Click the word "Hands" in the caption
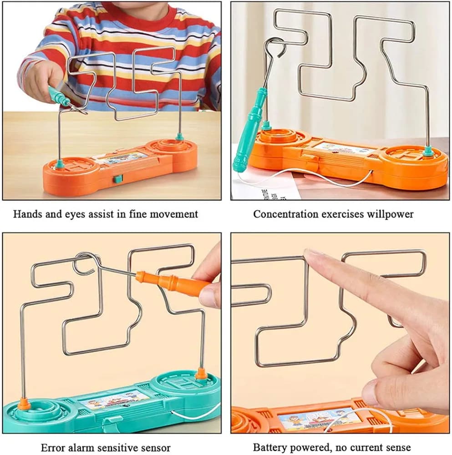[x=25, y=214]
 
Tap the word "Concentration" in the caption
[x=281, y=214]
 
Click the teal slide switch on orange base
[x=118, y=179]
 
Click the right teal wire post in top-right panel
[x=427, y=151]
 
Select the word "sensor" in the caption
[x=155, y=448]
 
